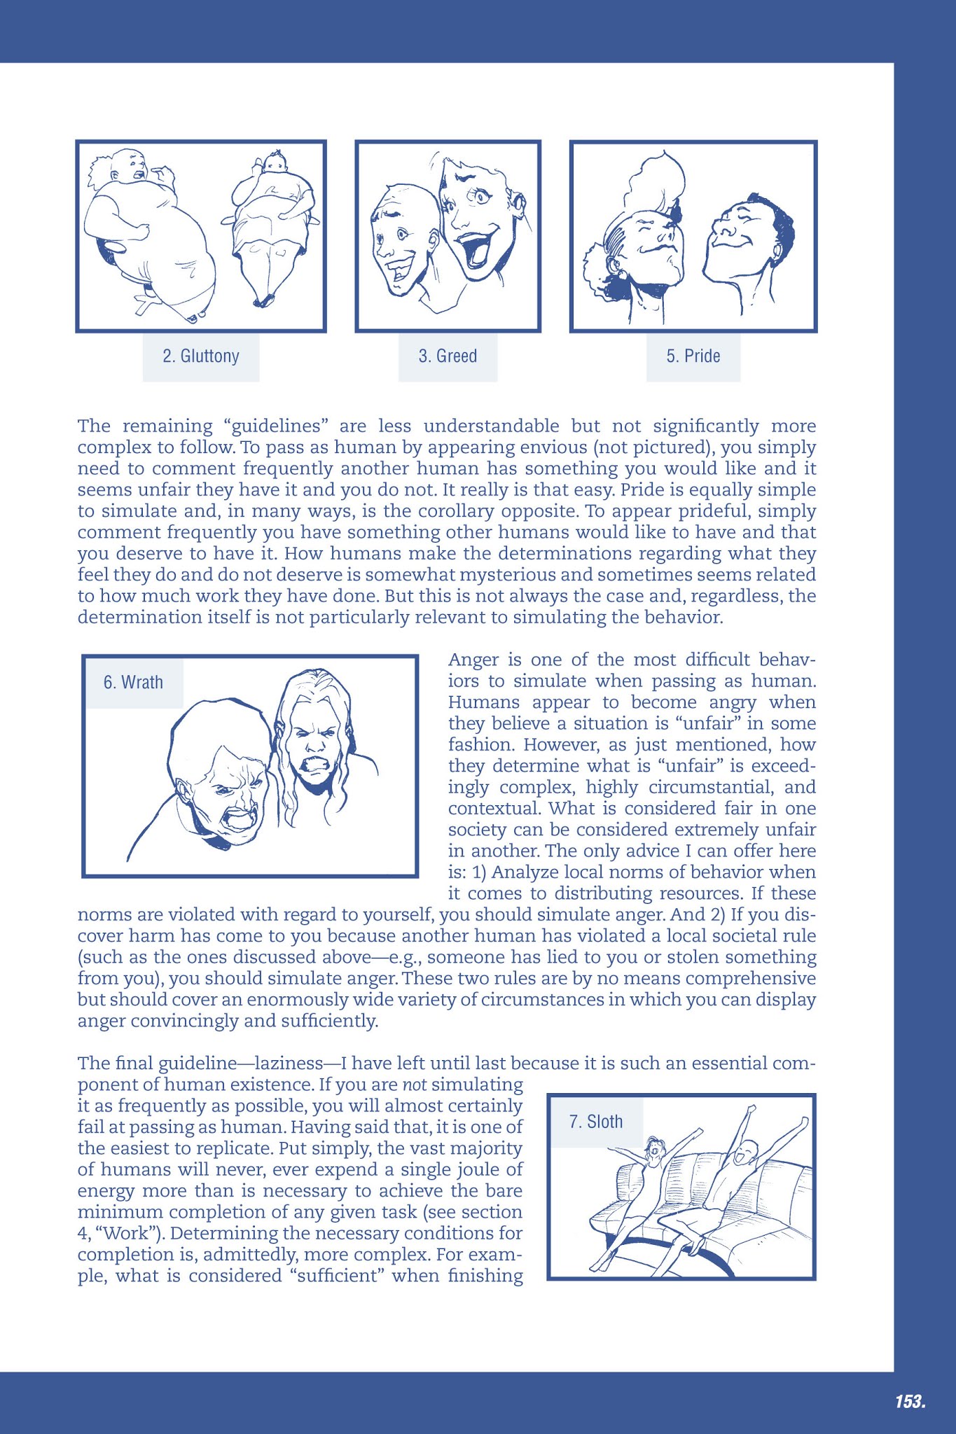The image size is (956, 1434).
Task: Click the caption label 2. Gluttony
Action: tap(201, 356)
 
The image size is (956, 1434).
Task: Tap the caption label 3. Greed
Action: tap(448, 356)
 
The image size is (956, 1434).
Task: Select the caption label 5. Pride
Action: tap(693, 356)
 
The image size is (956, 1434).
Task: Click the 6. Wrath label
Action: tap(133, 682)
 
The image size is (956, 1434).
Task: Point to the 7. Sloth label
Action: tap(595, 1122)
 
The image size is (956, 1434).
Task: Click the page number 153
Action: tap(910, 1401)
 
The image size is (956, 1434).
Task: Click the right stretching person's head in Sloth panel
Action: tap(747, 1150)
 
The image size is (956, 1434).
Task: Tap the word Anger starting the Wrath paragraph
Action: tap(474, 660)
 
